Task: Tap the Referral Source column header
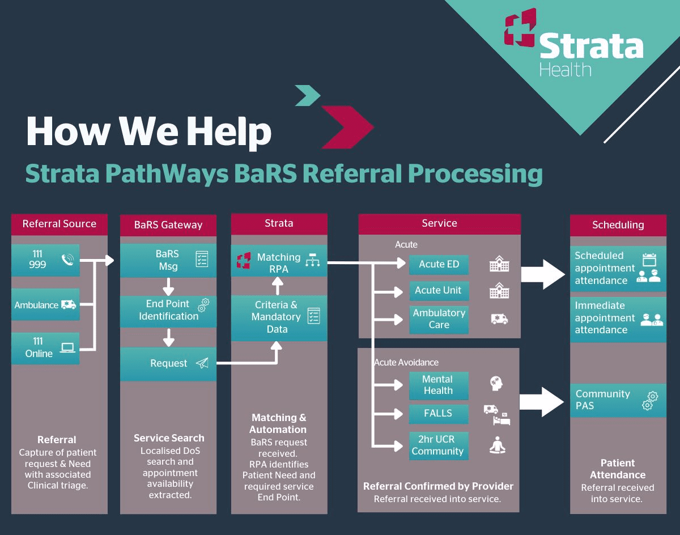[x=59, y=224]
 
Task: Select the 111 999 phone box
[x=45, y=260]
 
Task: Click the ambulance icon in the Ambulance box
[x=69, y=305]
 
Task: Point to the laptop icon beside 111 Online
[x=67, y=347]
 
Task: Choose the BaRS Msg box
[x=168, y=260]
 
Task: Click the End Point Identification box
[x=168, y=311]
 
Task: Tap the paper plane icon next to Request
[x=202, y=363]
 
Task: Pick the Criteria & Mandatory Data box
[x=279, y=317]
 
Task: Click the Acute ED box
[x=439, y=264]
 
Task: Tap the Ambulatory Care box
[x=439, y=319]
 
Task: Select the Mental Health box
[x=439, y=385]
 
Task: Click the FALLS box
[x=439, y=413]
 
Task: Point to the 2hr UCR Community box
[x=439, y=445]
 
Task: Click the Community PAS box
[x=618, y=400]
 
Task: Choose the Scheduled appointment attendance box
[x=618, y=268]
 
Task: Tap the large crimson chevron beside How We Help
[x=347, y=126]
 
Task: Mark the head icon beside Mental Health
[x=497, y=384]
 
